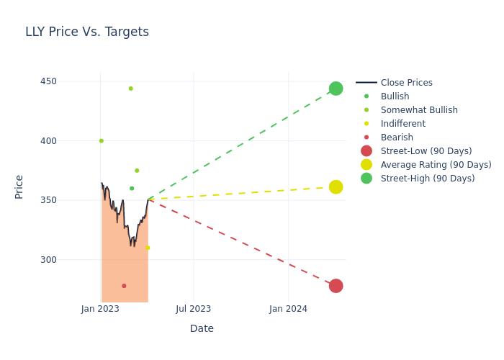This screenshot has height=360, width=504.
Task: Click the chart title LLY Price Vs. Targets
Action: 87,32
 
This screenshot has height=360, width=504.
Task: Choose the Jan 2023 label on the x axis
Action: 100,309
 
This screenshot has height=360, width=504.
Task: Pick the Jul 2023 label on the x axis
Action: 194,309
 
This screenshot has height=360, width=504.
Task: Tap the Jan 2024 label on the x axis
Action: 288,309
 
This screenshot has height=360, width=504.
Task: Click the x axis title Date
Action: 202,329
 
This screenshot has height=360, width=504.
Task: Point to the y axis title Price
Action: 19,186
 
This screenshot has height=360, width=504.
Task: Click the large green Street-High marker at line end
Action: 336,89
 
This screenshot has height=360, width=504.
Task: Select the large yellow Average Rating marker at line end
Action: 336,187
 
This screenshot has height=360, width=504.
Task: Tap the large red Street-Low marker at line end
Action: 336,286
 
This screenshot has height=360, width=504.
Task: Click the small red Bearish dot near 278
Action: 124,286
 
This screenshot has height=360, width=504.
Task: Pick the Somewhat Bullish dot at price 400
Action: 102,141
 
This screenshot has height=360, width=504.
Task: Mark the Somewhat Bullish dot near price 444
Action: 130,89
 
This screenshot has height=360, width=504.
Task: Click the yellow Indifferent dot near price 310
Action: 148,248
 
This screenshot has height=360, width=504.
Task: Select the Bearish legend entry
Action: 397,138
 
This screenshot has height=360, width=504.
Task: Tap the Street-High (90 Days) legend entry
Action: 428,179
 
